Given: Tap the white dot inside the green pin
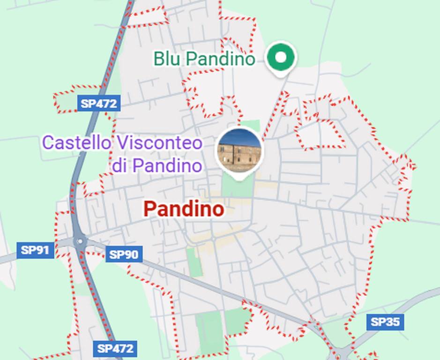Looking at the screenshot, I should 281,57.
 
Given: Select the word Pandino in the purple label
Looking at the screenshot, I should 167,165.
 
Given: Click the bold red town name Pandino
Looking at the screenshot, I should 184,209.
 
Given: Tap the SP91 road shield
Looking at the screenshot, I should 36,250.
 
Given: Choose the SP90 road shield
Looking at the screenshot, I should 124,255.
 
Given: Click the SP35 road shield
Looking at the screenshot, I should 385,322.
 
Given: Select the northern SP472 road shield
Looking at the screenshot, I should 98,104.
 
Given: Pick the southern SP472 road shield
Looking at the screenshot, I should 115,349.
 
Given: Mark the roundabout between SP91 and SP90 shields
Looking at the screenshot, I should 81,242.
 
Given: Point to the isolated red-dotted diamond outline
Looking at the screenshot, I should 321,134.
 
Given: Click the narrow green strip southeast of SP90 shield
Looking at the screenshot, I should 194,262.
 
